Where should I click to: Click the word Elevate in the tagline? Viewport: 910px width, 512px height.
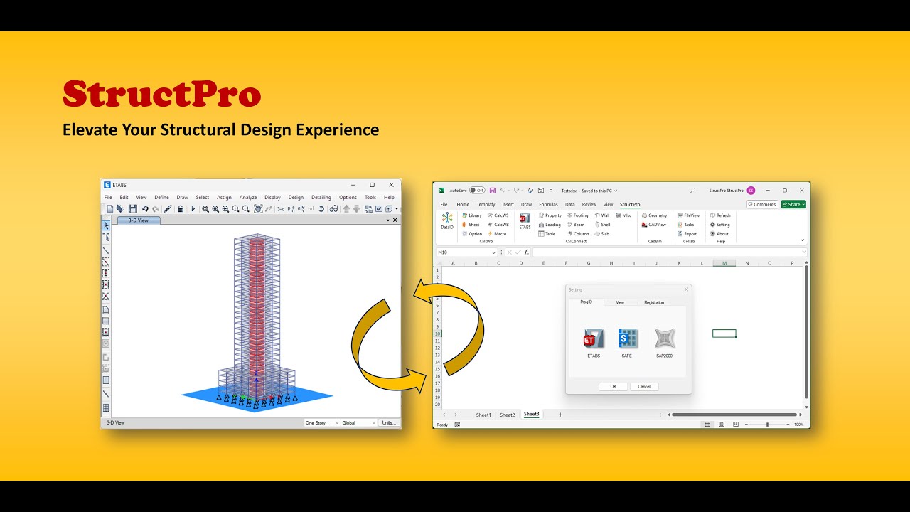point(90,130)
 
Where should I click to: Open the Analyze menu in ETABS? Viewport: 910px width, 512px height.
point(248,197)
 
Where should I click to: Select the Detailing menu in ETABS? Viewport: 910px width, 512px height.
point(321,197)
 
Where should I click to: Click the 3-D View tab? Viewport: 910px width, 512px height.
point(138,220)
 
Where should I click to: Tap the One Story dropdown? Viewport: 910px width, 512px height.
point(322,422)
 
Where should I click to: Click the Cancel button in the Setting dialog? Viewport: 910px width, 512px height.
point(644,387)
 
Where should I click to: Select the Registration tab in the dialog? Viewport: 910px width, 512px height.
point(654,302)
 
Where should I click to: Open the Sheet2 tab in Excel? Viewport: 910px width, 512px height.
point(507,415)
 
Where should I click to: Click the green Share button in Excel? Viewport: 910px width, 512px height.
point(793,204)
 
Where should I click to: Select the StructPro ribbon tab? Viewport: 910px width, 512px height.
point(630,204)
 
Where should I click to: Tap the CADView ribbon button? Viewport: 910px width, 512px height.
point(654,225)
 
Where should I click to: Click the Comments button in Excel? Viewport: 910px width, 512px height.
point(762,204)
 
